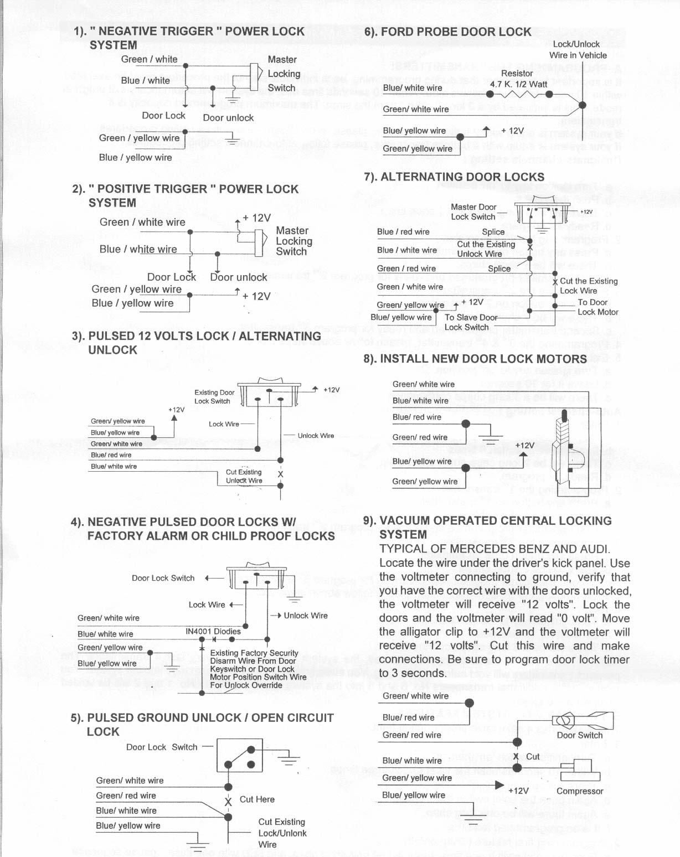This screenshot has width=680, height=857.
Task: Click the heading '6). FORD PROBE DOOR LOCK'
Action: pos(447,32)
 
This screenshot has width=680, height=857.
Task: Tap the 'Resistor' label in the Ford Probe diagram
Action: pos(517,73)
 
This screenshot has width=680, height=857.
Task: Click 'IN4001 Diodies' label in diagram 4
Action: pos(213,631)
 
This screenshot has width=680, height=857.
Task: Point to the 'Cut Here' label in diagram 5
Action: pos(257,799)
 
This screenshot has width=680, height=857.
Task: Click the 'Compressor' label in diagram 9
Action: pos(579,791)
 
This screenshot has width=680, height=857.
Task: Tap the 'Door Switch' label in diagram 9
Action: pos(579,735)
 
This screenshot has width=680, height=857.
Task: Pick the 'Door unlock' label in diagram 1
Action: pos(228,117)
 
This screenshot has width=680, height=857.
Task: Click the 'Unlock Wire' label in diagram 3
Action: pos(316,436)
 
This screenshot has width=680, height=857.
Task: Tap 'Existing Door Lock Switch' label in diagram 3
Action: pos(214,396)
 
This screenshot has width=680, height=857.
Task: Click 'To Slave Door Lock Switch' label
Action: pos(471,322)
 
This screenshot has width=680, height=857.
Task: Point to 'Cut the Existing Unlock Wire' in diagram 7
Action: pos(485,249)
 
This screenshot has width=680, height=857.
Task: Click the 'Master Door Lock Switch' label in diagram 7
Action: pos(473,211)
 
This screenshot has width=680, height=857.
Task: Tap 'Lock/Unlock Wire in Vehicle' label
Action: pos(578,50)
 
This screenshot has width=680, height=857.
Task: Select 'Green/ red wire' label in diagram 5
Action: pos(126,796)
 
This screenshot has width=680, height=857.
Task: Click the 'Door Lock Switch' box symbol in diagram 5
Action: pos(239,755)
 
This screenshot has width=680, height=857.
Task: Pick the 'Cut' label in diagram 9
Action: pos(533,756)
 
